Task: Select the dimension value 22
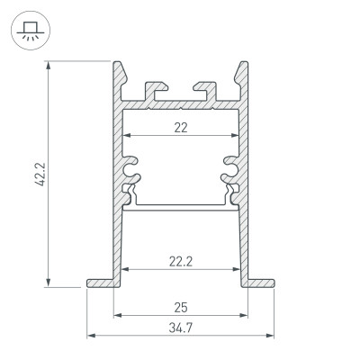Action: (x=181, y=128)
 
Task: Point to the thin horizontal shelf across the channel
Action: (x=181, y=204)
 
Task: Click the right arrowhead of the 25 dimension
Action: (x=245, y=316)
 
